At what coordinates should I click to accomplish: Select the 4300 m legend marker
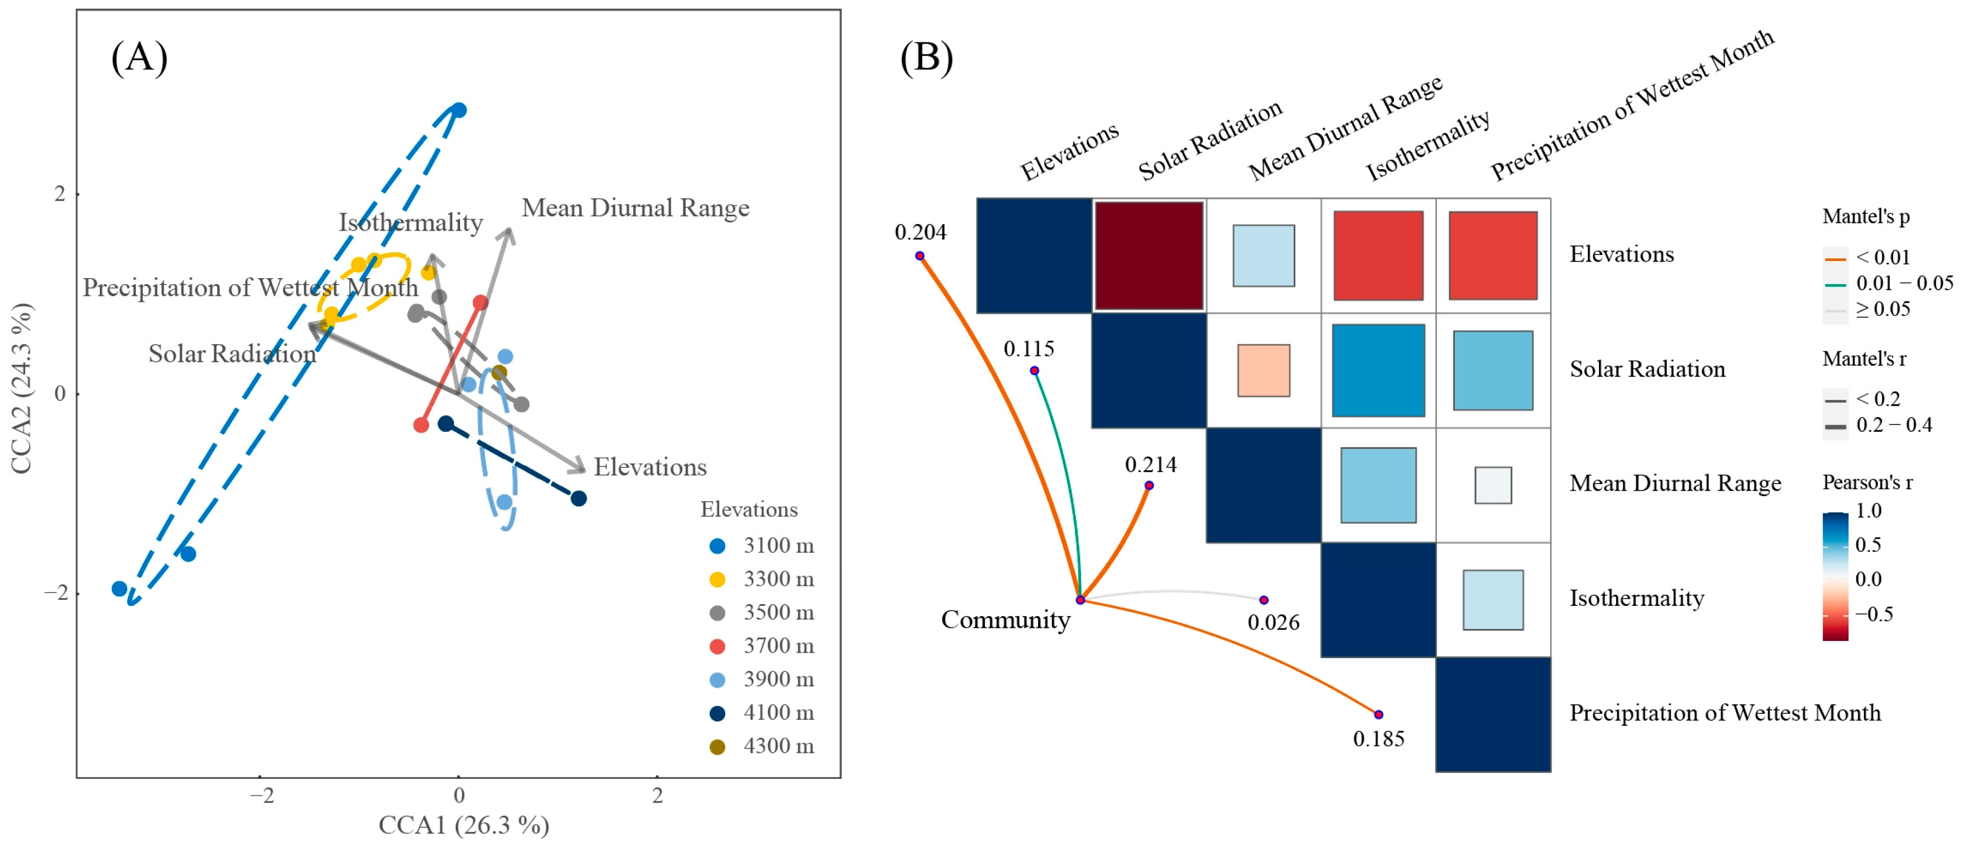tap(717, 746)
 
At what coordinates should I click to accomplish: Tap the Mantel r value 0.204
tap(920, 232)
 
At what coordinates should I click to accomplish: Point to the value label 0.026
tap(1273, 623)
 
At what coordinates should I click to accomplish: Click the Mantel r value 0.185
tap(1378, 739)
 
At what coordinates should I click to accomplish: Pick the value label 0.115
tap(1029, 349)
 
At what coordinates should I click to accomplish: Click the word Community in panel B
tap(1005, 620)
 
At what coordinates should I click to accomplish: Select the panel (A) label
tap(139, 57)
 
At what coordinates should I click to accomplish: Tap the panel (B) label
tap(926, 57)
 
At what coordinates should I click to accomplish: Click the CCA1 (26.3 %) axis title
tap(463, 825)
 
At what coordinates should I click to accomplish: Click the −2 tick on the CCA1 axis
tap(261, 796)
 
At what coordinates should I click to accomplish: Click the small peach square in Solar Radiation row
tap(1264, 371)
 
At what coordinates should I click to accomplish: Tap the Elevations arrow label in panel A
tap(650, 467)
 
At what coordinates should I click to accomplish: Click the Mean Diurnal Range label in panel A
tap(635, 208)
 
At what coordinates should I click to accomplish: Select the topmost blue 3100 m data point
tap(458, 111)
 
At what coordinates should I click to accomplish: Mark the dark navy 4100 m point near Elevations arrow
tap(579, 498)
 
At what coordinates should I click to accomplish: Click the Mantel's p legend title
tap(1866, 217)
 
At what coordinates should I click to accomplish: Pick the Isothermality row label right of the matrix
tap(1636, 598)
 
